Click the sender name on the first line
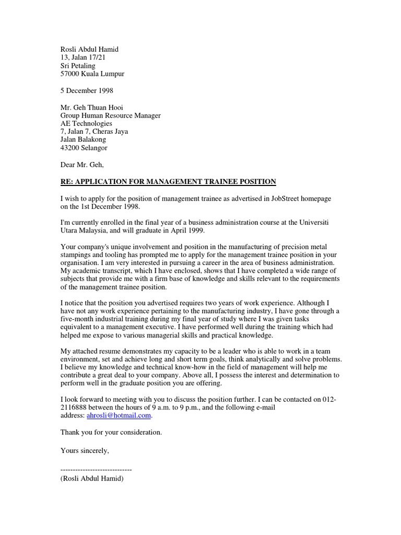[89, 49]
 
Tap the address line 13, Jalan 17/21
[82, 57]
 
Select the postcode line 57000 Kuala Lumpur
[92, 74]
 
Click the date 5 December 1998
[87, 90]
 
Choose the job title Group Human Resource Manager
[111, 115]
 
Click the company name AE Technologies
[86, 123]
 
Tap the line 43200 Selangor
[84, 148]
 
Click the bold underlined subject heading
[168, 181]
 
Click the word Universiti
[326, 223]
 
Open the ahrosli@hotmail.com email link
[119, 415]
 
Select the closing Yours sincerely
[85, 449]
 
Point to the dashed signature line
[96, 470]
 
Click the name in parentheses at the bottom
[92, 478]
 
